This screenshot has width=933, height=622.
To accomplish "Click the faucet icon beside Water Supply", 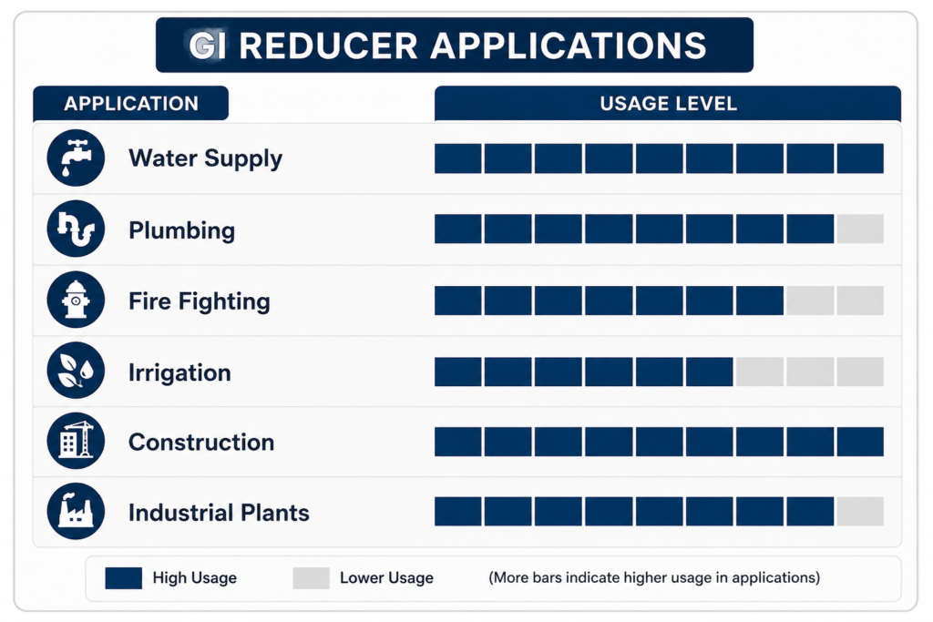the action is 76,158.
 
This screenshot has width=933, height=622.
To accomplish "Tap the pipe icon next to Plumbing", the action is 76,229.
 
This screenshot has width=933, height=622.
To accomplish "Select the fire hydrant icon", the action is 76,300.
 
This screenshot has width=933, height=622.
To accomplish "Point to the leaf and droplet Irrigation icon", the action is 76,371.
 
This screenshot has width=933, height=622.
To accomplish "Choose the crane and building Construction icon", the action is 76,441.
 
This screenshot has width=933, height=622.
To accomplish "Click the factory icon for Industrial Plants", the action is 76,512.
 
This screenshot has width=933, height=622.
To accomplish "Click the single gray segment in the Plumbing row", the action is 860,229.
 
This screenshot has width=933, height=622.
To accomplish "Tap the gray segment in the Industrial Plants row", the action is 860,512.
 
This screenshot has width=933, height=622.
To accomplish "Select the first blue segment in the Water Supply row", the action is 457,158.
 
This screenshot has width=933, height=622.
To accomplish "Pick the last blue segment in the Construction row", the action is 860,441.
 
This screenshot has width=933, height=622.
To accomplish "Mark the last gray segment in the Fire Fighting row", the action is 860,301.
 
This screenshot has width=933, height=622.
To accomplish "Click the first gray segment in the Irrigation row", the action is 759,372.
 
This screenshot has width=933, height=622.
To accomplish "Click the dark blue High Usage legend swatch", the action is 123,578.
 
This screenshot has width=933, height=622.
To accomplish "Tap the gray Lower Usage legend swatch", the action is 312,578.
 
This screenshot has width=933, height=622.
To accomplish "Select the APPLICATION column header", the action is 131,104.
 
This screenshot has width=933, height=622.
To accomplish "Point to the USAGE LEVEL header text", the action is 668,104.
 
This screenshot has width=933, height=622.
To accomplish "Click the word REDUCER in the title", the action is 328,46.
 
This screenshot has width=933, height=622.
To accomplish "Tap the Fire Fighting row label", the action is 200,302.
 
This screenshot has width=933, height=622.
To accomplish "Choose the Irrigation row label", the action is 179,372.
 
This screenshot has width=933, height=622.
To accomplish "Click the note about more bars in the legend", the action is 654,577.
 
